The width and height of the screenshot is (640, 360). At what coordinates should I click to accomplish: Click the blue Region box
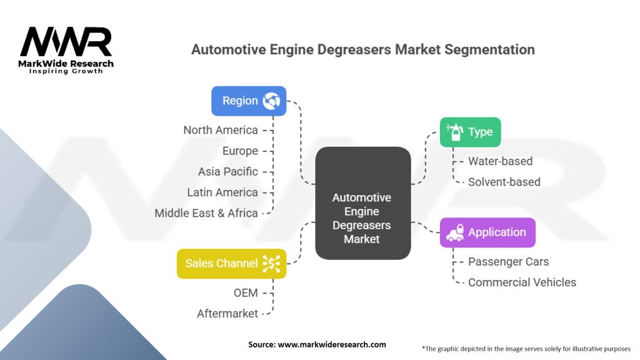(248, 101)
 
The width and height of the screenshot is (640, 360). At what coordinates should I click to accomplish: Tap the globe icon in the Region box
(272, 101)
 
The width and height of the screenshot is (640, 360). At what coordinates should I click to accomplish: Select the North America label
(220, 130)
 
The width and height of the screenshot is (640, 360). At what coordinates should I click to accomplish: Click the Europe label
(240, 151)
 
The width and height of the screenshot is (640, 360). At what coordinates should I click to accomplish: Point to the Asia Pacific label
(227, 171)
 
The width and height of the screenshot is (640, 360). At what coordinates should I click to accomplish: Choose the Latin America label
(222, 192)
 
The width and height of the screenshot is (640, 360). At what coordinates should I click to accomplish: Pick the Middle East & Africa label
(206, 213)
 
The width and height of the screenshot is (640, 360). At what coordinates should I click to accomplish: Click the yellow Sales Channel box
(231, 263)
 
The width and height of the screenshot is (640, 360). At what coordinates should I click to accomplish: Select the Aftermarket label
(227, 313)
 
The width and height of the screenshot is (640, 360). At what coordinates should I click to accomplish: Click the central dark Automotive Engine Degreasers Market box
(362, 203)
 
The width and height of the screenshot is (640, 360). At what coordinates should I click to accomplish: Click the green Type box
(470, 132)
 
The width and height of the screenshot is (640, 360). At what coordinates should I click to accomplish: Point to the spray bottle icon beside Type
(454, 132)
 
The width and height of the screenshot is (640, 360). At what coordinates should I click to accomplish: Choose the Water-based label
(500, 161)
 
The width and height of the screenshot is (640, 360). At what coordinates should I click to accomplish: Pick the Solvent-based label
(504, 182)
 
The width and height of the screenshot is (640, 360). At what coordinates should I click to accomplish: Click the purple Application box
(487, 232)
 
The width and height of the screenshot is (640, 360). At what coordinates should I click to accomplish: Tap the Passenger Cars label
(508, 261)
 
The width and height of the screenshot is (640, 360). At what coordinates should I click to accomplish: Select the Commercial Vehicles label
(522, 282)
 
